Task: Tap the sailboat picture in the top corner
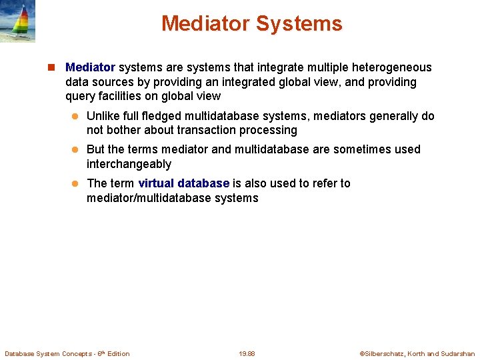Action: tap(17, 21)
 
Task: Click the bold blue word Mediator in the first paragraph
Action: tap(90, 67)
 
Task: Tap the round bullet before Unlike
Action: tap(75, 117)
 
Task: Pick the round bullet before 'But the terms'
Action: tap(75, 150)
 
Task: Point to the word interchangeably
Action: tap(129, 164)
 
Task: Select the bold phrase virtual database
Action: tap(183, 183)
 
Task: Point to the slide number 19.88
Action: tap(247, 353)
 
